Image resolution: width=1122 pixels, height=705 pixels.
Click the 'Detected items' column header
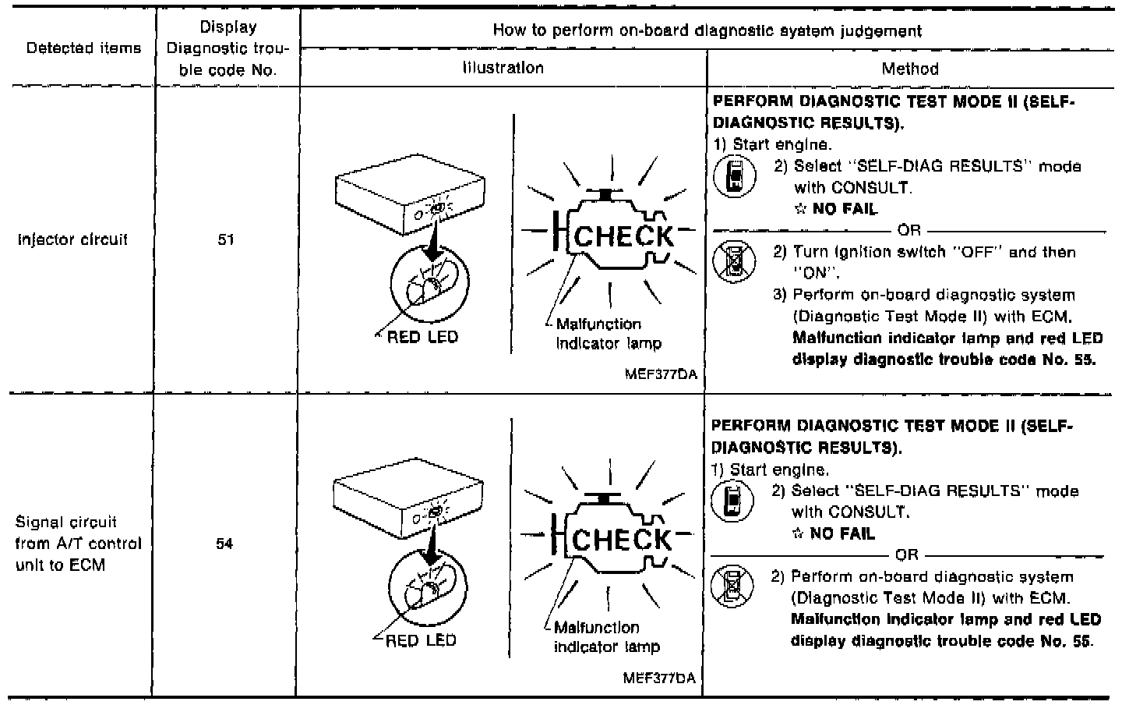point(83,48)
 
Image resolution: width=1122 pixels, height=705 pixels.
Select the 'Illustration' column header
point(503,68)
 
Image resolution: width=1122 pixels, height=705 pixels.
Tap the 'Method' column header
point(909,69)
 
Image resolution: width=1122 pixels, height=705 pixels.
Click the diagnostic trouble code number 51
point(226,240)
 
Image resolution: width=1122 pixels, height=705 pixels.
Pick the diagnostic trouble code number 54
point(224,544)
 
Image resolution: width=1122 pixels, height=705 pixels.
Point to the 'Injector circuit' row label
point(72,240)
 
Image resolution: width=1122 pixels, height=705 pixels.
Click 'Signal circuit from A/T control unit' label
point(78,544)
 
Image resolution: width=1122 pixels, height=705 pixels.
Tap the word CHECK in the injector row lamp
point(623,236)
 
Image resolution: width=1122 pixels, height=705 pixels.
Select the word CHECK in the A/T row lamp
point(621,540)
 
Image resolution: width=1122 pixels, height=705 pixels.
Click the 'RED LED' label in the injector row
point(422,338)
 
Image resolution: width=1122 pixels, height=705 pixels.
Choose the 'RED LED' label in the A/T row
point(421,641)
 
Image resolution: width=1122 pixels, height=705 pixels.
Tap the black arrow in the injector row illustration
point(429,246)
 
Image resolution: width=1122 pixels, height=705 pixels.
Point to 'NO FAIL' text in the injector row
point(844,209)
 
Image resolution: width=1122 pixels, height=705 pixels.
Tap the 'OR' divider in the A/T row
point(906,555)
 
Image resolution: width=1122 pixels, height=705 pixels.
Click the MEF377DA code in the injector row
point(660,374)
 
